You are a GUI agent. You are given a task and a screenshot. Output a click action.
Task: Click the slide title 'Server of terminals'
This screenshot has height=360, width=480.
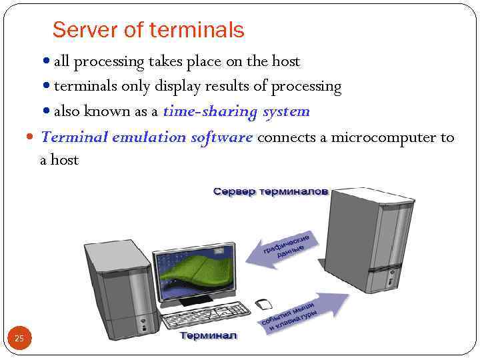point(148,30)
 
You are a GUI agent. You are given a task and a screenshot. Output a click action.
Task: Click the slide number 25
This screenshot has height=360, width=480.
point(19,339)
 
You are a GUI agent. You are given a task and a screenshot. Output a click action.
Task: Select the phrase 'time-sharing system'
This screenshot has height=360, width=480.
point(236,111)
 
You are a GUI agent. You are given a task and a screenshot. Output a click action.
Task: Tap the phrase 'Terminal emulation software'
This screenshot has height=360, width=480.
point(147,137)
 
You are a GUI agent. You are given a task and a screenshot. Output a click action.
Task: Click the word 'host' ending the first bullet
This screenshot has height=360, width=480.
point(286,61)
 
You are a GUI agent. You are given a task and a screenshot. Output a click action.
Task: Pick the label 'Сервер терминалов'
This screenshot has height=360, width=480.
point(270,191)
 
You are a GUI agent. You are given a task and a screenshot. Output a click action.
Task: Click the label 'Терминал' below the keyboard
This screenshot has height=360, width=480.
point(209,335)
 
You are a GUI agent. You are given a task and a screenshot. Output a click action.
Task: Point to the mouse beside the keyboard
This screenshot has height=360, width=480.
point(264,305)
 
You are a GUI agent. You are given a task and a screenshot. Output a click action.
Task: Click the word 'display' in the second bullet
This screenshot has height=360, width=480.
point(177,87)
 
